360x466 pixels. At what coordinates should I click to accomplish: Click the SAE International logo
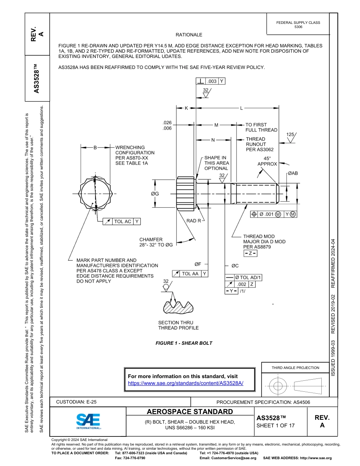click(x=88, y=421)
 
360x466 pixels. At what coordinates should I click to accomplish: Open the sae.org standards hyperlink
click(x=185, y=383)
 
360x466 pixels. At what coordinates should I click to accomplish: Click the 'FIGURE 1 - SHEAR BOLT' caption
click(x=184, y=343)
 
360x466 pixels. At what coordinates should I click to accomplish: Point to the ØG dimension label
click(x=155, y=194)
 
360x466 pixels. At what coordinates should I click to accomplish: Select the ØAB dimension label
click(x=293, y=173)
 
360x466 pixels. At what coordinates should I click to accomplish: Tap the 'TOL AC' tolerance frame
click(x=121, y=221)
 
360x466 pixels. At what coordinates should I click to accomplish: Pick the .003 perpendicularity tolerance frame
click(x=211, y=81)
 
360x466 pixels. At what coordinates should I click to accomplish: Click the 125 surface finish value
click(x=290, y=134)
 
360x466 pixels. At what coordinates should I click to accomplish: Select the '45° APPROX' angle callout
click(x=267, y=161)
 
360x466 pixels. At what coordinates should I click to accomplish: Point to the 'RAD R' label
click(x=194, y=220)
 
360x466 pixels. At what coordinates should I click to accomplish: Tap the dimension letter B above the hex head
click(x=95, y=148)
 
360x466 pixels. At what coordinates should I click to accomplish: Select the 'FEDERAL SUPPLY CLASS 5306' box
click(x=298, y=25)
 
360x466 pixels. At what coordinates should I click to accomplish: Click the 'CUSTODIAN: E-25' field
click(x=74, y=402)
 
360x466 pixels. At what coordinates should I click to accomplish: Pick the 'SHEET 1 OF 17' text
click(x=275, y=425)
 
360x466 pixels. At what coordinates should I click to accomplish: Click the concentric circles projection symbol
click(x=278, y=386)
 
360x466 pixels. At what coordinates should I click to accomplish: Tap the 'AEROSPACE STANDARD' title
click(x=190, y=412)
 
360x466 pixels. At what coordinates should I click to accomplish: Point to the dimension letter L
click(x=241, y=108)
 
